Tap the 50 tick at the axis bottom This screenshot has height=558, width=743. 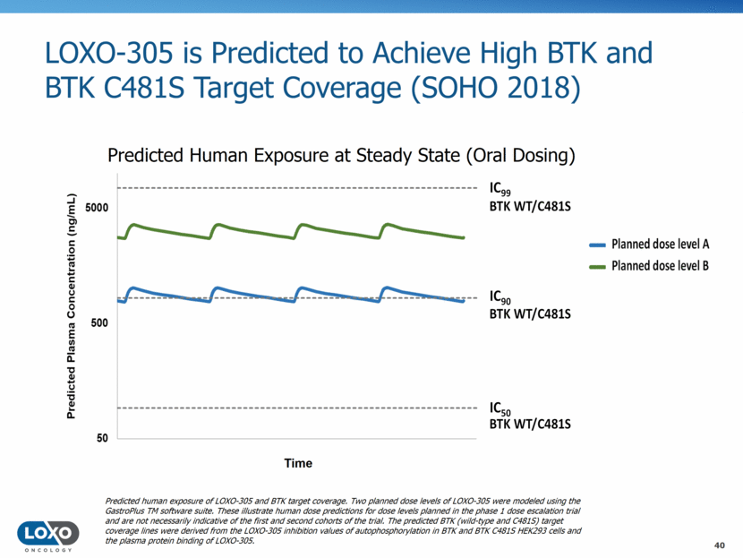coord(102,438)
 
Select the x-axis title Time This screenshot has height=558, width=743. coord(298,463)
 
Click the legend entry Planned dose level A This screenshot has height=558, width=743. coord(661,244)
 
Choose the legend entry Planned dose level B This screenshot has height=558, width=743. coord(661,265)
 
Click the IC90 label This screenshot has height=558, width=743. coord(500,296)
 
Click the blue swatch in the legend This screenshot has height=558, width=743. coord(597,244)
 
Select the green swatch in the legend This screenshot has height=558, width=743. coord(597,265)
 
